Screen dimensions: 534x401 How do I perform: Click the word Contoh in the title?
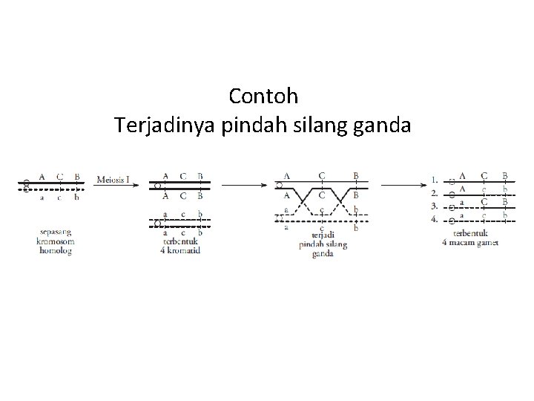[263, 97]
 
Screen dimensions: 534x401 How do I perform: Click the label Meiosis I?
[113, 178]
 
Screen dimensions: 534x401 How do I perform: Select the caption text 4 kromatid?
[181, 250]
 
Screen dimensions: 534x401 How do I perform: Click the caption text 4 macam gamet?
[470, 243]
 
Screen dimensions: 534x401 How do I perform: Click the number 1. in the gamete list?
[435, 179]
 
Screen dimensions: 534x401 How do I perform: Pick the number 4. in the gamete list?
[435, 220]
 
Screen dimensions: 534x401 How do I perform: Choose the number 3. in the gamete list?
[435, 206]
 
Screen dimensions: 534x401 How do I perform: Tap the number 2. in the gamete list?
[435, 192]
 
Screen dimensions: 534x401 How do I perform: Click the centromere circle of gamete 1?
[451, 182]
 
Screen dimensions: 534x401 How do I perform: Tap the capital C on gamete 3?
[484, 202]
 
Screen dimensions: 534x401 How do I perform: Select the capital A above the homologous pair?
[42, 177]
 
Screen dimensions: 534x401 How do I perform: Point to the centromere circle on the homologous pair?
[25, 184]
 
